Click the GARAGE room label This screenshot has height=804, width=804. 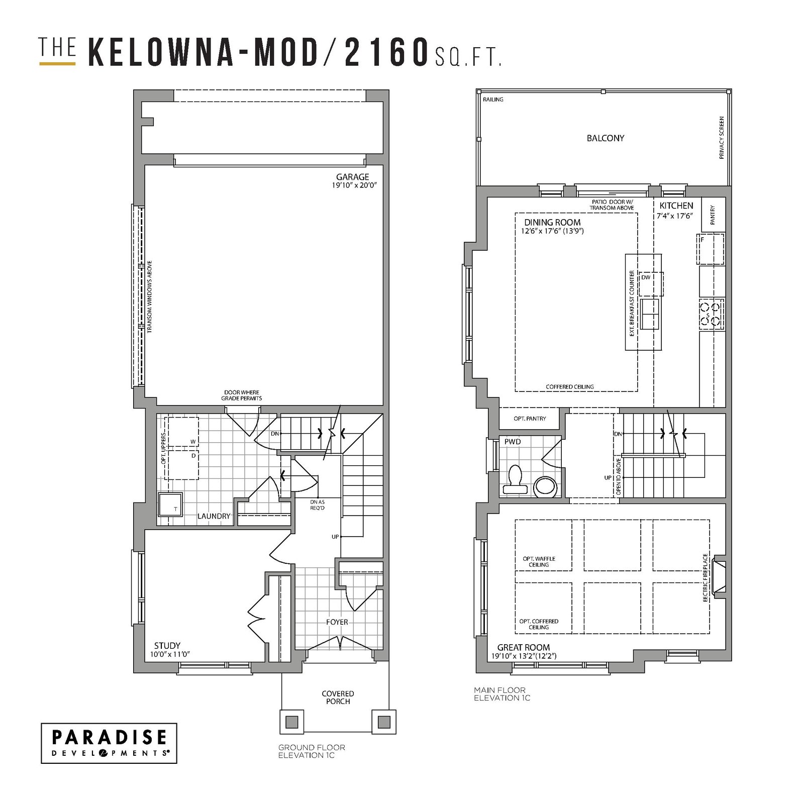353,177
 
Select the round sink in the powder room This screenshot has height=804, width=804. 545,486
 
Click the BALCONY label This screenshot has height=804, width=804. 606,138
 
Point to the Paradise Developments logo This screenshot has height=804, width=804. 109,743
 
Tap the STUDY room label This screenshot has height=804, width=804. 167,646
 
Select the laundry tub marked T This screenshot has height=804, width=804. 170,505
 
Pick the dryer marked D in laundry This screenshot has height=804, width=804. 182,465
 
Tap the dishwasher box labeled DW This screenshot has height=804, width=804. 651,284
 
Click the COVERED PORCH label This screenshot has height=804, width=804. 338,697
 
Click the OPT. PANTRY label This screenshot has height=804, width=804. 530,419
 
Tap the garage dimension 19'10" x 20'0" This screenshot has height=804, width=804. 354,185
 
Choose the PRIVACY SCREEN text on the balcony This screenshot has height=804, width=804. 722,138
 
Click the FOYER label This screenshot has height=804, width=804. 337,622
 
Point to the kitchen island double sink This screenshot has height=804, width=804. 650,314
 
